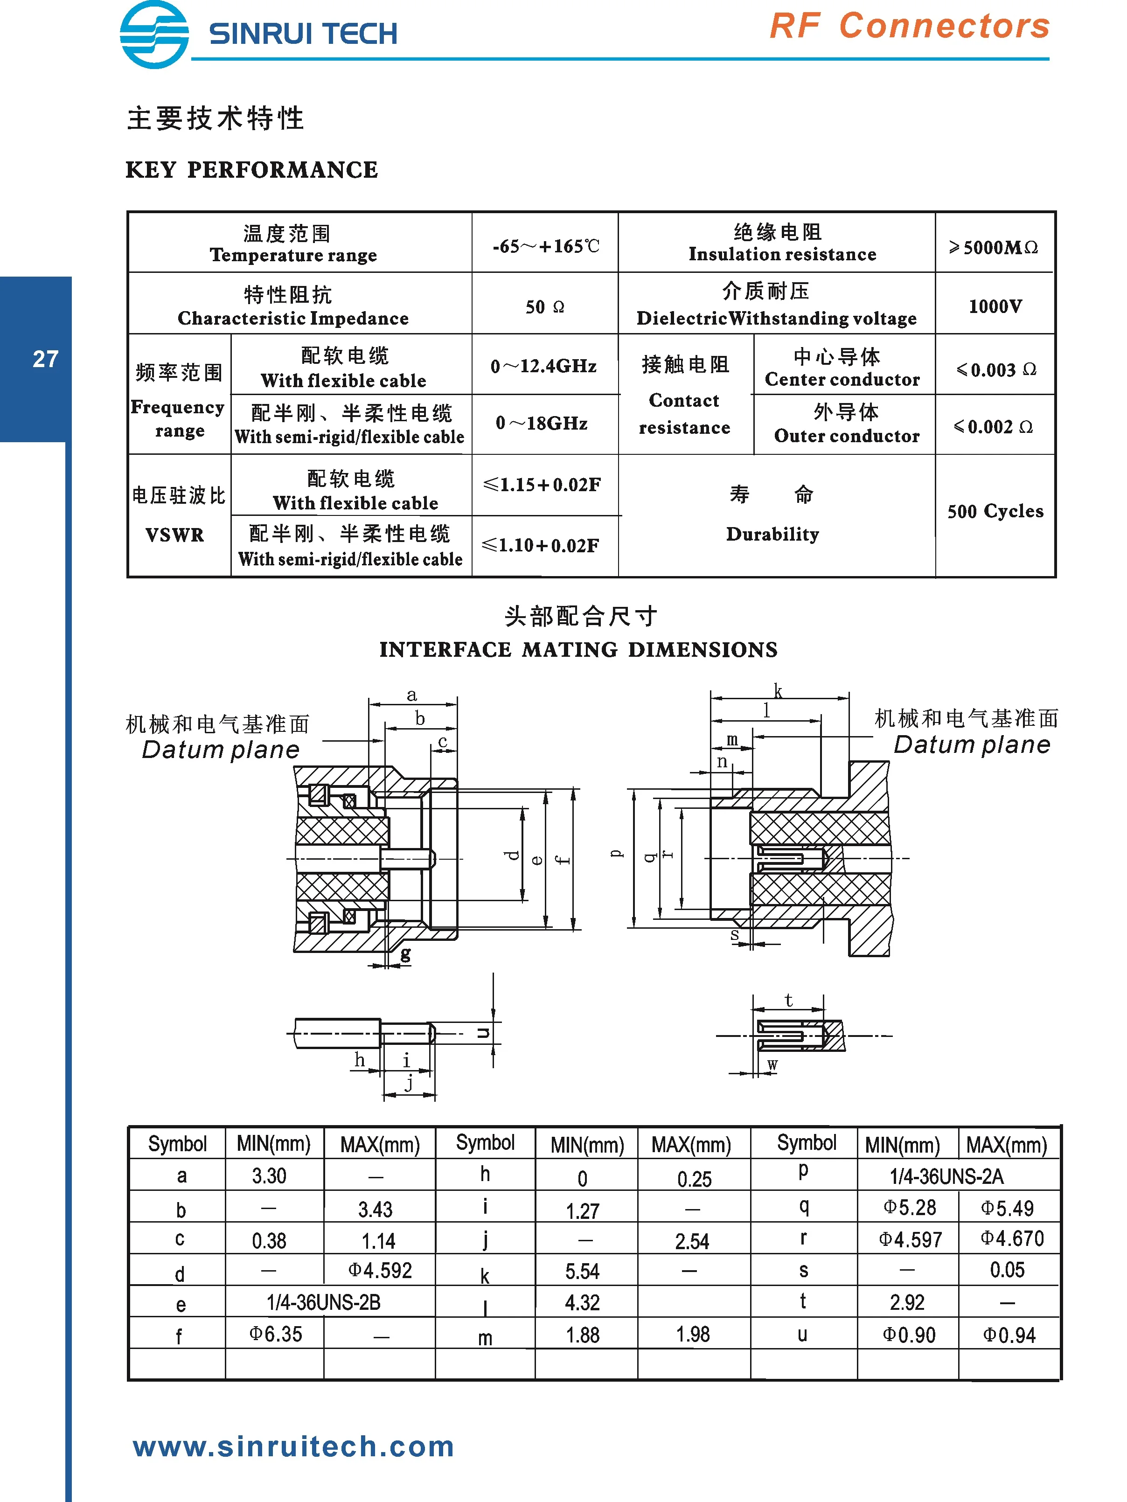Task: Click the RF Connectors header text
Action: (x=909, y=27)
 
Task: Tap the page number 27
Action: (x=46, y=359)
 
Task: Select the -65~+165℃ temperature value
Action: (x=545, y=246)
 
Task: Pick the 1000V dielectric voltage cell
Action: (x=995, y=306)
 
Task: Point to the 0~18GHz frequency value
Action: (x=541, y=423)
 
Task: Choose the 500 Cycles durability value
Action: (x=995, y=511)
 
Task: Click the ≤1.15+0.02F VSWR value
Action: (x=541, y=484)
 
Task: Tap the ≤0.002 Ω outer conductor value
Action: (x=993, y=426)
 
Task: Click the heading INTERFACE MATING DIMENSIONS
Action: (x=578, y=649)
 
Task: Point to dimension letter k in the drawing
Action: (x=778, y=691)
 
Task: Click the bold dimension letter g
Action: (x=405, y=954)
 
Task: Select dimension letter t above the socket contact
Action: (x=788, y=1000)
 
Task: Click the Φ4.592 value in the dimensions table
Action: (x=380, y=1270)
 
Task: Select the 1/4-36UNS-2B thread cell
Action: (x=323, y=1302)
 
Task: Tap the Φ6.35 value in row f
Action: (x=275, y=1334)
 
